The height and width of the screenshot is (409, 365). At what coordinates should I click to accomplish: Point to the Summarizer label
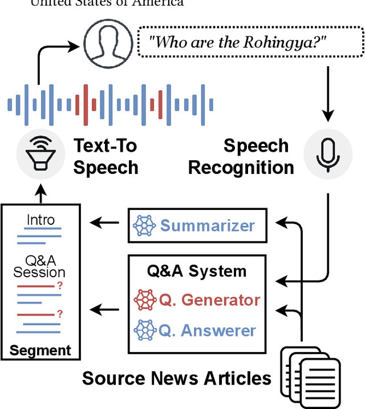207,226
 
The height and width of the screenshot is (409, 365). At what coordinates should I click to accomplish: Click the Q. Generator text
209,299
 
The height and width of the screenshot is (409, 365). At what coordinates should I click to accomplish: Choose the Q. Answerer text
208,330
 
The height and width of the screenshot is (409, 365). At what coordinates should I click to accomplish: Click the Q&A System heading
197,270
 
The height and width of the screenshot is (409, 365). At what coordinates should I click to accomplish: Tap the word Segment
40,350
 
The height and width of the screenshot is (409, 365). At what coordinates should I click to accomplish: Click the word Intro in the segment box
40,220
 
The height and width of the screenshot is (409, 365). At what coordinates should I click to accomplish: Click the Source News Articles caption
177,378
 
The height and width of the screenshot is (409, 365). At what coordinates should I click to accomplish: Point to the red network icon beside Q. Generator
144,300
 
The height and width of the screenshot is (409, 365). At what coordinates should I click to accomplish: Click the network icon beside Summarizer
144,226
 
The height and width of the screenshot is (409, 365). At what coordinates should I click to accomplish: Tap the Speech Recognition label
242,156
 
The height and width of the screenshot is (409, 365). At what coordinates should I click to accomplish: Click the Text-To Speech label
106,156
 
